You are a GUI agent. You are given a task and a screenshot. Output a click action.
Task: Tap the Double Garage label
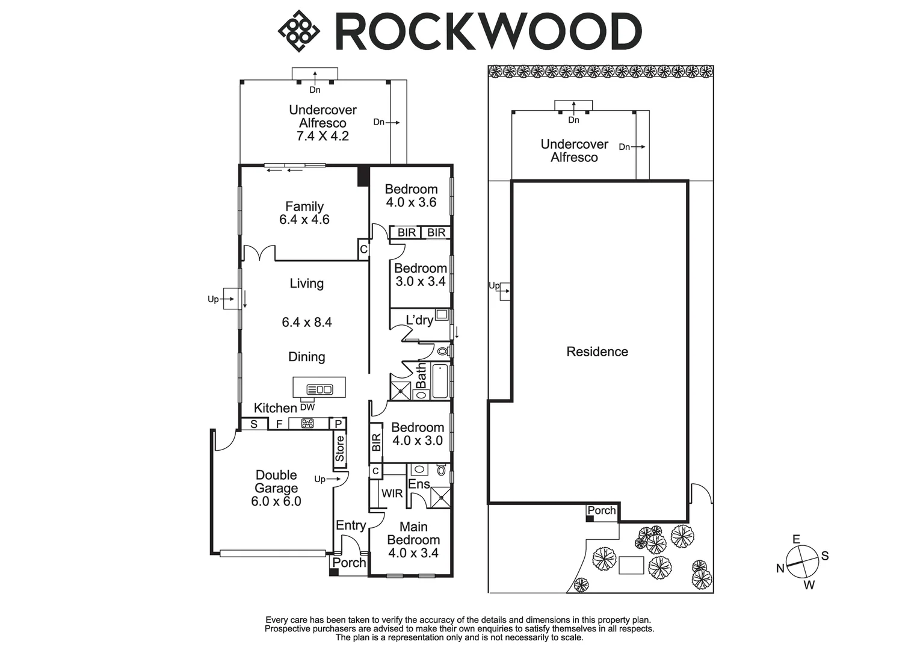pos(276,481)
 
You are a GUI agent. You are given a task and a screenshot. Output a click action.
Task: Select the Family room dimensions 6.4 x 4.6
pos(304,220)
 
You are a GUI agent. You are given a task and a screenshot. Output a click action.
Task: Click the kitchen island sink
pos(320,389)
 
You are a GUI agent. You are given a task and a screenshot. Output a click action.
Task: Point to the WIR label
pos(392,494)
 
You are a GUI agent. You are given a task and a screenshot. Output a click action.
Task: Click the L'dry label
pos(419,320)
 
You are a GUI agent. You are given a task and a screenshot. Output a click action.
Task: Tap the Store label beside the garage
pos(340,449)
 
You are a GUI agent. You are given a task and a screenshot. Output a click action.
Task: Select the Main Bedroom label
pos(413,533)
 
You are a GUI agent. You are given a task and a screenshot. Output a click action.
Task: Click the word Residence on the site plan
pos(597,351)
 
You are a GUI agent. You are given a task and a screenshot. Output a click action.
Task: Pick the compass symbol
pos(803,561)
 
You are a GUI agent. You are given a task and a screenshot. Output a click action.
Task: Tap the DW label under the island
pos(307,407)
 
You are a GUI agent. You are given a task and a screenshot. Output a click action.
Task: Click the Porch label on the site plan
pos(602,510)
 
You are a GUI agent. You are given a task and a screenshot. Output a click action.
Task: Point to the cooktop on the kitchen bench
pos(307,424)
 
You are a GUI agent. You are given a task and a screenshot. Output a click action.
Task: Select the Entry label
pos(351,525)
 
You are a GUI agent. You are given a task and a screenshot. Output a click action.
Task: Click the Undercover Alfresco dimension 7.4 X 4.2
pos(323,136)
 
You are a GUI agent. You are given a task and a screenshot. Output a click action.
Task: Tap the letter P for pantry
pos(339,424)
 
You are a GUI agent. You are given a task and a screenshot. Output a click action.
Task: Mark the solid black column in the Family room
pos(363,176)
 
